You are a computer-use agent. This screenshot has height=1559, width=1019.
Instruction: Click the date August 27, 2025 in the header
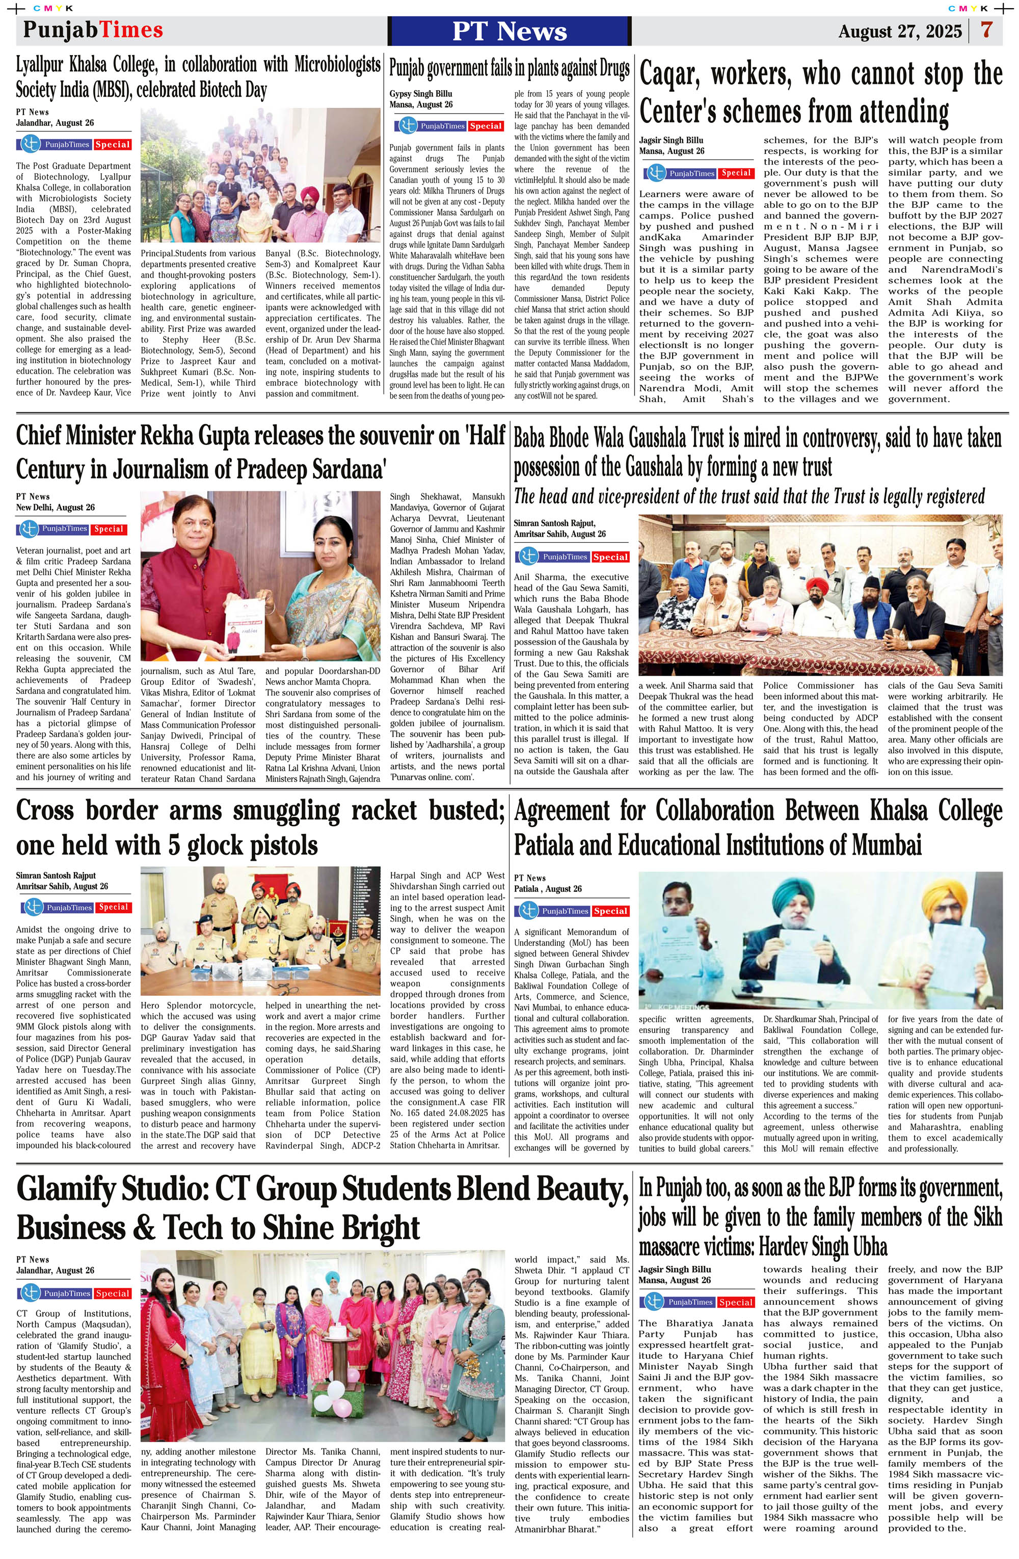[899, 32]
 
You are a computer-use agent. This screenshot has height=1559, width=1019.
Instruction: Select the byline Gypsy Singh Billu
[420, 94]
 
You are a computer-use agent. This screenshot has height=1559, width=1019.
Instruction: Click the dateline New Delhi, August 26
[55, 507]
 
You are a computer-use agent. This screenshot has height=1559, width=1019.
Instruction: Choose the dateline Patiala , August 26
[548, 888]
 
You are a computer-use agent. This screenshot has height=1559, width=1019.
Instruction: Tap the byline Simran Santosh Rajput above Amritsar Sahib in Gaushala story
[555, 523]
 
